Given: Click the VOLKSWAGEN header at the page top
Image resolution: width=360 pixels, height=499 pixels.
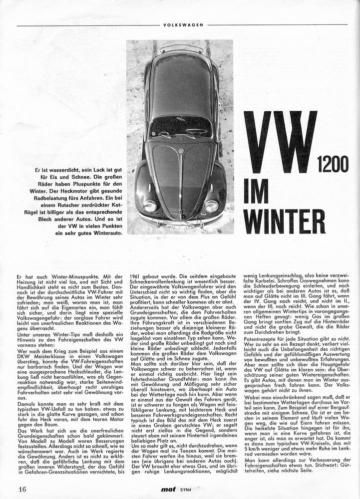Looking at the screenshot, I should pos(182,24).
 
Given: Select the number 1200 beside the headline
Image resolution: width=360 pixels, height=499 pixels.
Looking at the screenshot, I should pos(333,165).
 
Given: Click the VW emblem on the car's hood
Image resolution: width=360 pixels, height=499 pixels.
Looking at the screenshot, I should pos(181,150).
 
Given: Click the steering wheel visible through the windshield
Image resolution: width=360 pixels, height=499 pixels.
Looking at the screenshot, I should pos(195,131).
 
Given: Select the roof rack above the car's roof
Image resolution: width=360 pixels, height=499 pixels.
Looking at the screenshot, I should pos(181,49).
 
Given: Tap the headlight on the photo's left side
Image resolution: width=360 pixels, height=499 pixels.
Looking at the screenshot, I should pos(149,205).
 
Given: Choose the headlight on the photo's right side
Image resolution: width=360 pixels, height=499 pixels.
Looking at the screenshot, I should pos(212,206).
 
